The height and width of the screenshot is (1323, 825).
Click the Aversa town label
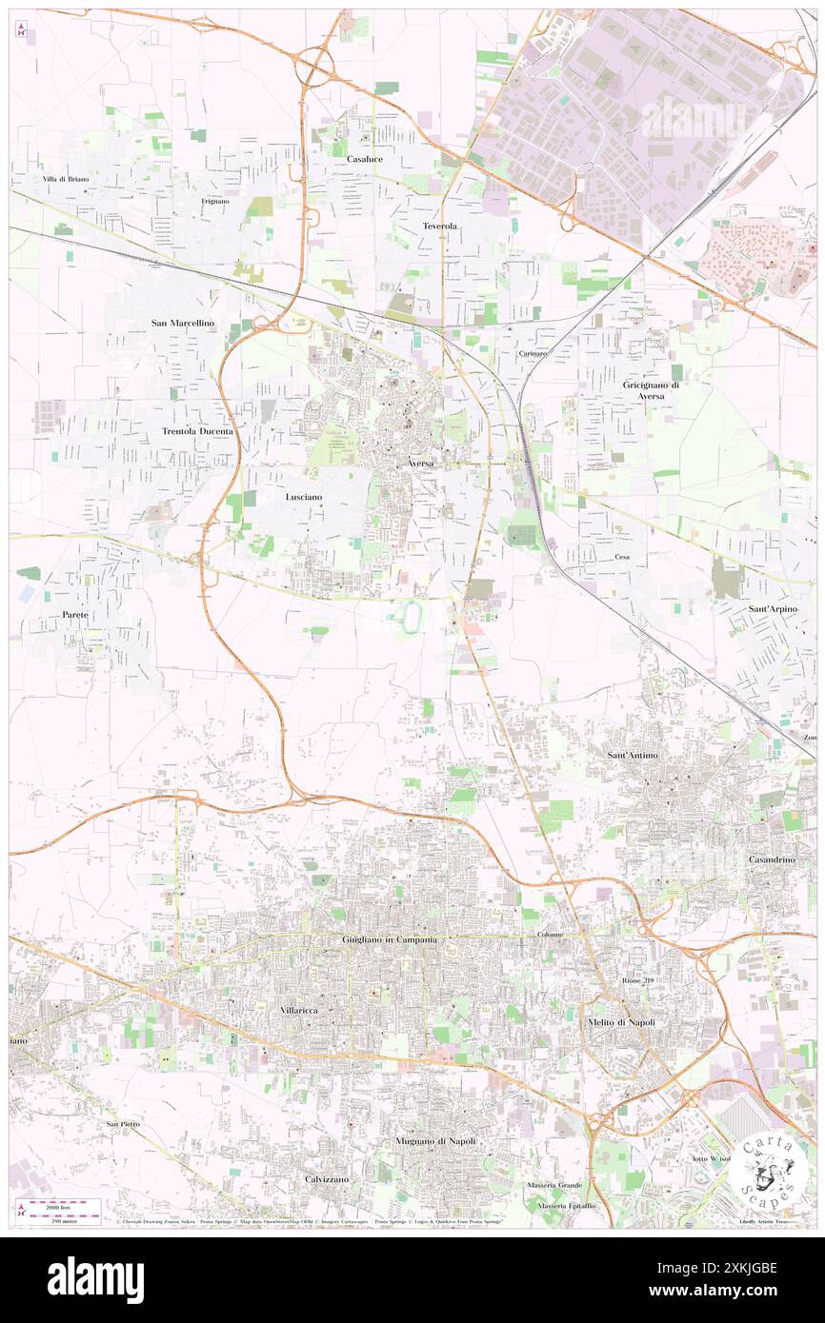pos(420,464)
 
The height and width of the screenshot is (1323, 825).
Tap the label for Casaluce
pos(365,159)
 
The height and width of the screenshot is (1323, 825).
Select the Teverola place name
pos(440,226)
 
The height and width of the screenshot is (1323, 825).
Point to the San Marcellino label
pos(183,324)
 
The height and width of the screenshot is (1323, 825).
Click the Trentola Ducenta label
pos(197,431)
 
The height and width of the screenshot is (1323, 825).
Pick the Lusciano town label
pos(304,497)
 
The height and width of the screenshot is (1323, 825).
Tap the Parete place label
pos(75,615)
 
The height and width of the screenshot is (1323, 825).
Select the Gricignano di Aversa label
pos(657,390)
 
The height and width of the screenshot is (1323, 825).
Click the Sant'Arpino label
pos(773,607)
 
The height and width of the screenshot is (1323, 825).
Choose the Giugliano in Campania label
pos(390,940)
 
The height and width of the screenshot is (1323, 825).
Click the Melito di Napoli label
pos(620,1022)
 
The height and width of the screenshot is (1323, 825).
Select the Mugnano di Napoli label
pos(435,1140)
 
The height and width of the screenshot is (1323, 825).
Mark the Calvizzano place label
pos(327,1178)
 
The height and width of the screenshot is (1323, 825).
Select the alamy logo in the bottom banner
pos(95,1279)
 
